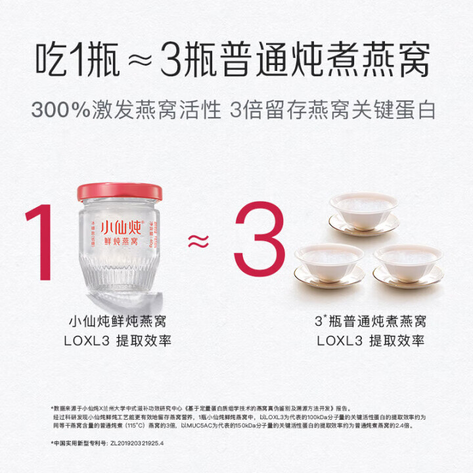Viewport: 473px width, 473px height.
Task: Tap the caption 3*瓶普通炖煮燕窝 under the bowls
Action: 371,322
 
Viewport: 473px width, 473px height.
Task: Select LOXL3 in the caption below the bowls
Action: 337,341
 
